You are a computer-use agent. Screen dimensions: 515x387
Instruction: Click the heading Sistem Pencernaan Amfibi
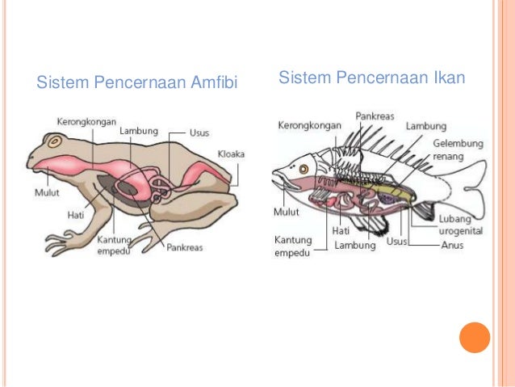137,82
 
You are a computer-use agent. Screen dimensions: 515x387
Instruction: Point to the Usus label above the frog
199,133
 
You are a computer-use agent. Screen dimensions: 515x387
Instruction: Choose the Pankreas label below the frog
185,247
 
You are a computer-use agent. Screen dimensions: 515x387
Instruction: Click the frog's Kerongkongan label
87,121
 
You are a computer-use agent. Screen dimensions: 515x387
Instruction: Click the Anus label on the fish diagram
452,245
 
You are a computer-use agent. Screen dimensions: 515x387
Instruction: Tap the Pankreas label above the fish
375,116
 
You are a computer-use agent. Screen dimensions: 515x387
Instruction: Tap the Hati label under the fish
341,231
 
